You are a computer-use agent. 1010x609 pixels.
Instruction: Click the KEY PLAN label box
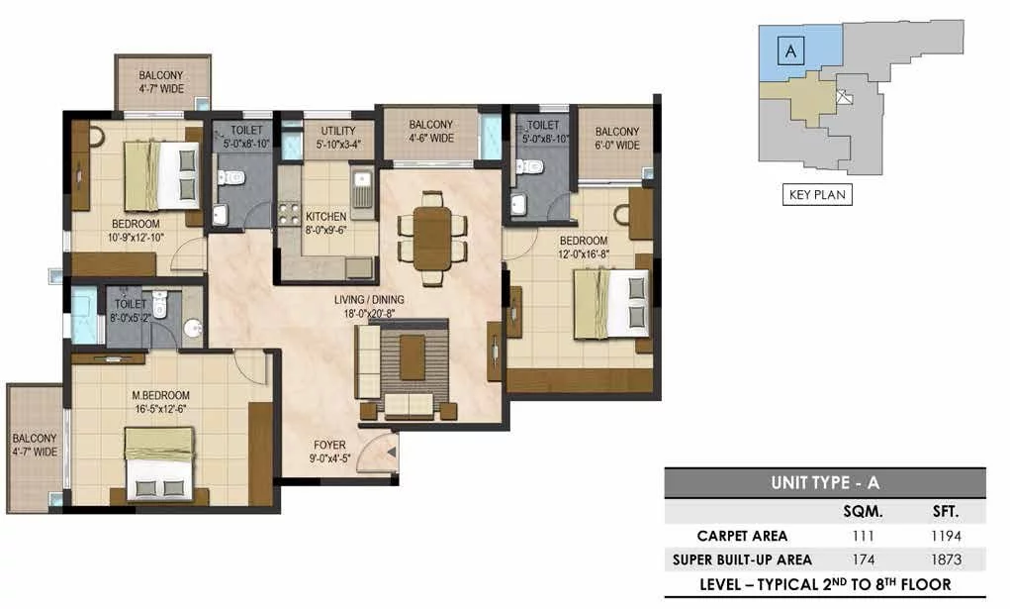(x=817, y=194)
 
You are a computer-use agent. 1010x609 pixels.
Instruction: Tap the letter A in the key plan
(x=791, y=51)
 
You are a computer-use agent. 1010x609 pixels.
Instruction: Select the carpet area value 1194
(x=946, y=536)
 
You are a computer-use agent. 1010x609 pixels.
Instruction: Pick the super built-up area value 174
(x=864, y=559)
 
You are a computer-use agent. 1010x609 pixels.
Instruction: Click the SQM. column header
(x=863, y=512)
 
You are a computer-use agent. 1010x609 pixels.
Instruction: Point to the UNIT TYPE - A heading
(x=824, y=482)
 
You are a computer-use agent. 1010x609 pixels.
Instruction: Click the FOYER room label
(x=329, y=445)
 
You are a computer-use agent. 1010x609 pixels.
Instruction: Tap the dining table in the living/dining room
(x=432, y=238)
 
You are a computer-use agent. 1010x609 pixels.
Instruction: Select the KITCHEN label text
(x=325, y=216)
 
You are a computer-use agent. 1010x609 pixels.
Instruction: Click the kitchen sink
(x=362, y=188)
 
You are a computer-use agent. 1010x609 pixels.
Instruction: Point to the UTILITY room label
(x=338, y=131)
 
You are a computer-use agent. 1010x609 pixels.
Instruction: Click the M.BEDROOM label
(x=161, y=395)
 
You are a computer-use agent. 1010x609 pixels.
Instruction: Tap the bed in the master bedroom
(x=159, y=463)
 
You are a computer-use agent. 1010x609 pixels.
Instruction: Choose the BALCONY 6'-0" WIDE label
(x=617, y=139)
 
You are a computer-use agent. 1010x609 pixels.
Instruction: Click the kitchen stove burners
(x=288, y=214)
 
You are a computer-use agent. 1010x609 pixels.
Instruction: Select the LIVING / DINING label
(x=369, y=299)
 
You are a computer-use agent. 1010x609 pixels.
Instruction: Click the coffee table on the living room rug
(x=413, y=356)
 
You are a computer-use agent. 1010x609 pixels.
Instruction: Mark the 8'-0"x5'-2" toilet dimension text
(x=131, y=318)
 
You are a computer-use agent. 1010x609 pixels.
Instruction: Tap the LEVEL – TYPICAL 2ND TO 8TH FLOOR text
(x=825, y=584)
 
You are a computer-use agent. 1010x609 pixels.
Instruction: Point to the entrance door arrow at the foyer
(x=391, y=454)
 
